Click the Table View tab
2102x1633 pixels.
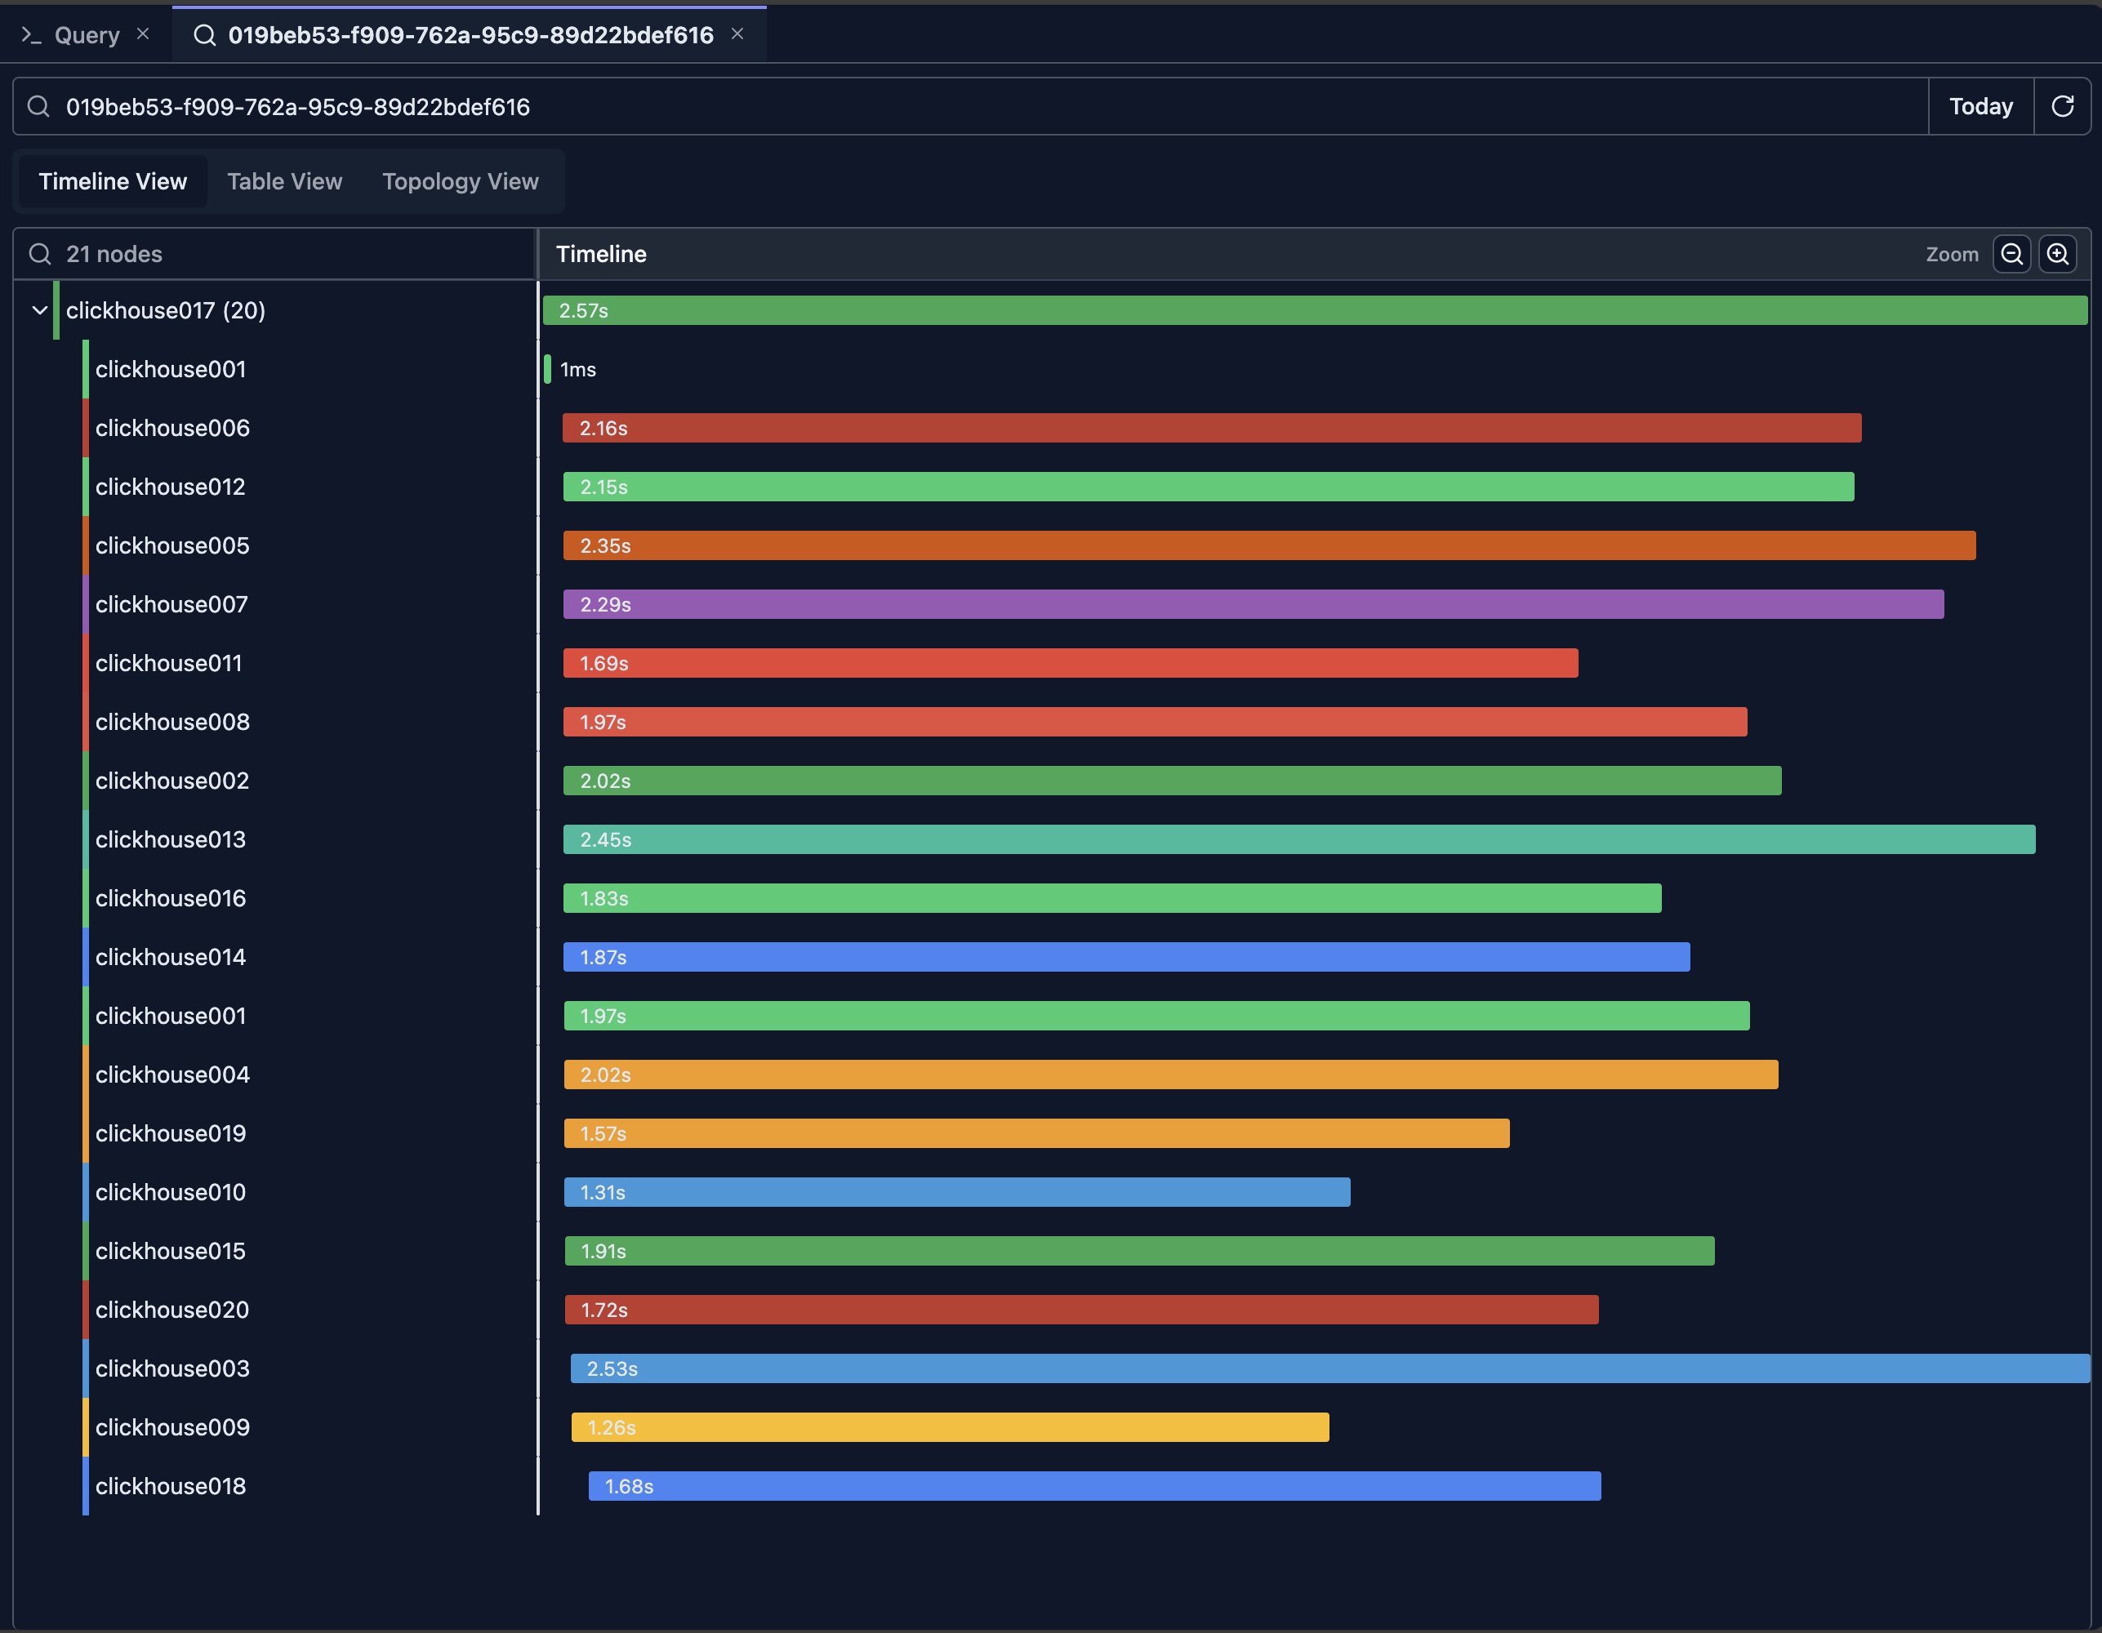(284, 182)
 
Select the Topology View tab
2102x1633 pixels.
(460, 182)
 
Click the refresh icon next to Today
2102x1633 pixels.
(2061, 107)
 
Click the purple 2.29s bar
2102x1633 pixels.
(1252, 604)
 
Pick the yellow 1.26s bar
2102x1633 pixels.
(949, 1427)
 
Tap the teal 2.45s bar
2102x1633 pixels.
(1298, 839)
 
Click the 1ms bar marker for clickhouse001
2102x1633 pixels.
(548, 370)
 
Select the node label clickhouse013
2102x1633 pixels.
(171, 839)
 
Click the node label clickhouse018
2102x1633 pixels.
(171, 1486)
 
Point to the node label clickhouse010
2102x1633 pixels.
(171, 1192)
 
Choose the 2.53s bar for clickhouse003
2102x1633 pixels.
(1329, 1368)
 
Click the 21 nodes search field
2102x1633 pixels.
(279, 254)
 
